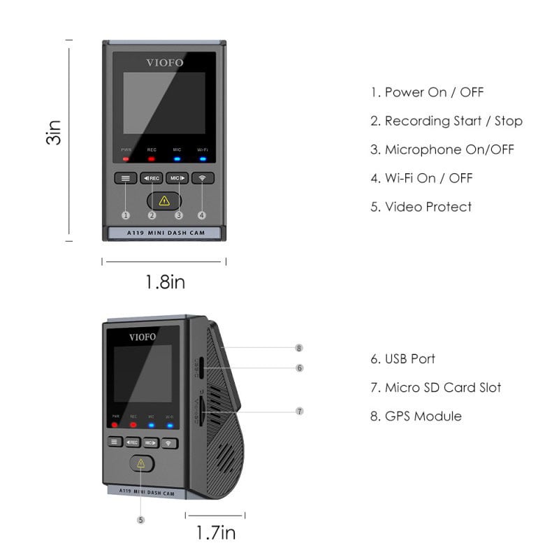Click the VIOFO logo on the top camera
pos(165,62)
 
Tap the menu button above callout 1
pos(126,178)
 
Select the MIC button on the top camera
pos(177,178)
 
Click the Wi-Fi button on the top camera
pos(203,178)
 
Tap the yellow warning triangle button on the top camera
pos(164,201)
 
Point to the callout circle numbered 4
pos(202,215)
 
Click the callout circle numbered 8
pos(299,347)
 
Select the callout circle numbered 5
pos(142,520)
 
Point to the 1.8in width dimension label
pos(165,282)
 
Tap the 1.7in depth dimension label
pos(215,534)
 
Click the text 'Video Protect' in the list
pos(428,207)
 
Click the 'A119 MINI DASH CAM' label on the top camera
pos(165,232)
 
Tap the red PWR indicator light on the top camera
pos(126,159)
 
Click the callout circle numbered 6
pos(299,368)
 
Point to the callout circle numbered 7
pos(299,411)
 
